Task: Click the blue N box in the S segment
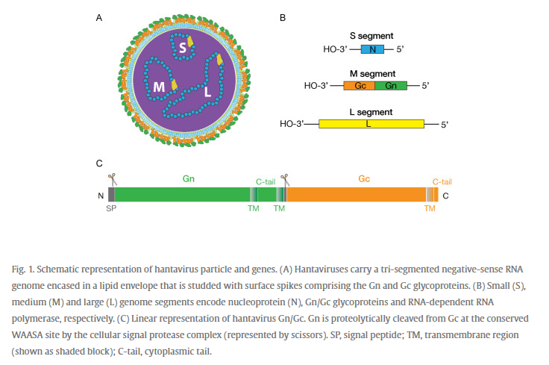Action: point(372,49)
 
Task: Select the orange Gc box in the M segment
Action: point(360,86)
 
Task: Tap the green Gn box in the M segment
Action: point(391,86)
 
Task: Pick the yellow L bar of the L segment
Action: point(371,124)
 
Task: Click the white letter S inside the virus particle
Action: point(183,47)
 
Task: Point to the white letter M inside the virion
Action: point(159,87)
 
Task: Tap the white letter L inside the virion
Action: point(207,92)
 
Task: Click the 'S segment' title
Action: point(371,36)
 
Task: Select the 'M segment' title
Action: point(372,74)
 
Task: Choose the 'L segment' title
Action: point(371,112)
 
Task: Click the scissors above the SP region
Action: point(112,179)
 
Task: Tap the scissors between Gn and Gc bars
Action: point(285,180)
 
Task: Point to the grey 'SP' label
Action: point(111,208)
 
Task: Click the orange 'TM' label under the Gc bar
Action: point(430,208)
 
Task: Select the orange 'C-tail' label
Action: point(442,182)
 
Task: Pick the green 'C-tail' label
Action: point(266,182)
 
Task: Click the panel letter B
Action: point(283,17)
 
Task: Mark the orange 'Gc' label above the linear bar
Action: point(364,178)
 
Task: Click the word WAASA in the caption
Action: point(25,335)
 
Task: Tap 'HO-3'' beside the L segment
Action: point(292,124)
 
